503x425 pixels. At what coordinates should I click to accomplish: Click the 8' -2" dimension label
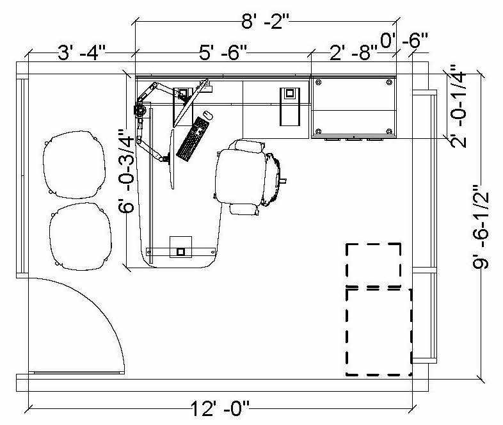tap(266, 22)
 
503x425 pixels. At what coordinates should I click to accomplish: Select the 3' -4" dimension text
tap(81, 52)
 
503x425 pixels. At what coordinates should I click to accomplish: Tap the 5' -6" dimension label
tap(223, 52)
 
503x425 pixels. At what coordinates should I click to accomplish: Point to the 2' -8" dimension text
tap(354, 52)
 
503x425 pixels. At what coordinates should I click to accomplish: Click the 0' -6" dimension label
tap(404, 40)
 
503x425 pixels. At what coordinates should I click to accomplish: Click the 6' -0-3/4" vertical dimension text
tap(126, 171)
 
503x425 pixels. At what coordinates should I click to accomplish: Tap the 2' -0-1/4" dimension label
tap(458, 106)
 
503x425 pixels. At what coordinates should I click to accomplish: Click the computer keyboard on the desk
tap(193, 139)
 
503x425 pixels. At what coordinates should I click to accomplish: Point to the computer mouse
tap(208, 115)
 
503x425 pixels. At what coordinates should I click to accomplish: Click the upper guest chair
tap(74, 164)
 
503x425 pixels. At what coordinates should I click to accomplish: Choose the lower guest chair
tap(81, 236)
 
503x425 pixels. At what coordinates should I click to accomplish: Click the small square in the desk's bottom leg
tap(180, 252)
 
